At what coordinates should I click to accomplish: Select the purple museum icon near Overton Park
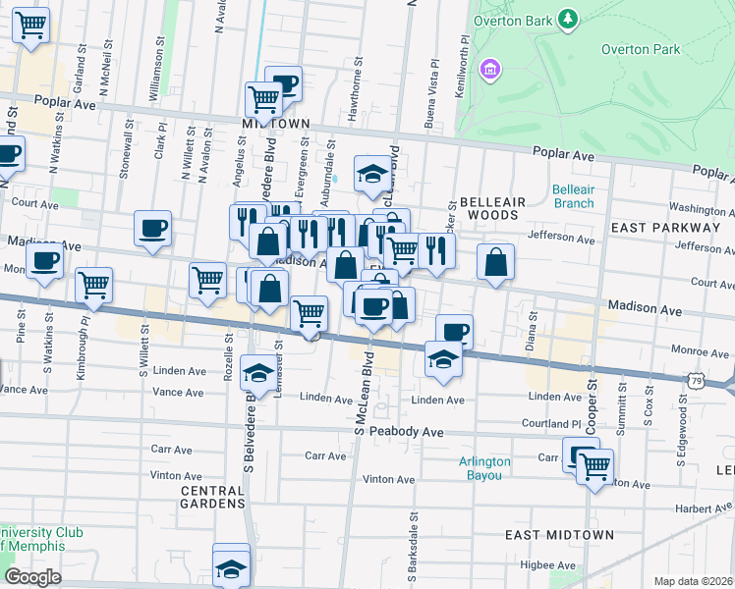pos(489,70)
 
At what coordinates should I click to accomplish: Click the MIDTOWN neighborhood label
pos(276,124)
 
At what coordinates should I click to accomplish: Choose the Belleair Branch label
pos(573,196)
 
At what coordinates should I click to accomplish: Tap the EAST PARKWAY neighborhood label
pos(665,227)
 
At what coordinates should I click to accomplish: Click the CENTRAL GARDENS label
pos(212,496)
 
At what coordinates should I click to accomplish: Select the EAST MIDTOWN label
pos(559,535)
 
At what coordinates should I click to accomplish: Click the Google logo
pos(32,577)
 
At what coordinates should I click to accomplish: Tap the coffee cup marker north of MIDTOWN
pos(284,83)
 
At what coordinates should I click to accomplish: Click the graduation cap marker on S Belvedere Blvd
pos(258,373)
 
